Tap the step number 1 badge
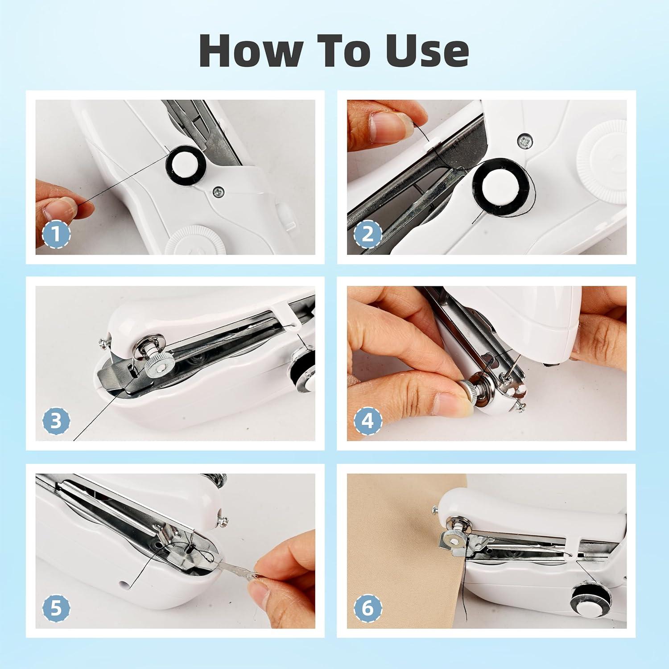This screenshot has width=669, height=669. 56,234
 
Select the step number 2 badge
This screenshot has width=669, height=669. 368,234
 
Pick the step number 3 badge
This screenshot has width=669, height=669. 56,421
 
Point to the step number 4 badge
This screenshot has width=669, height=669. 368,421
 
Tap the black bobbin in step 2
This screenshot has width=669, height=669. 500,182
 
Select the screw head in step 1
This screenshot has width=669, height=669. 219,192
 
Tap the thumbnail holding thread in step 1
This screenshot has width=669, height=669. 58,207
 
